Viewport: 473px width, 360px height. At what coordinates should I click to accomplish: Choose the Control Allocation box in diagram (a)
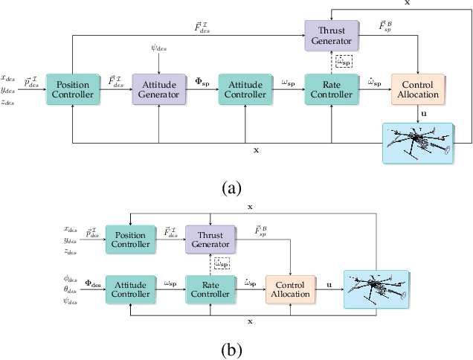(416, 90)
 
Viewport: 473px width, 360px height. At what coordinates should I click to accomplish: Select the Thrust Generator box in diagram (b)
(210, 238)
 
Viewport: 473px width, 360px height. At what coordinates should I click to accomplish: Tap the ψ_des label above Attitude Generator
(158, 49)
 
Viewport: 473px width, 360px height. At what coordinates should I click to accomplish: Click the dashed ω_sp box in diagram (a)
(343, 62)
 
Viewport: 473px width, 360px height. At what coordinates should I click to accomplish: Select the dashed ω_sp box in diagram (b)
(222, 263)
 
